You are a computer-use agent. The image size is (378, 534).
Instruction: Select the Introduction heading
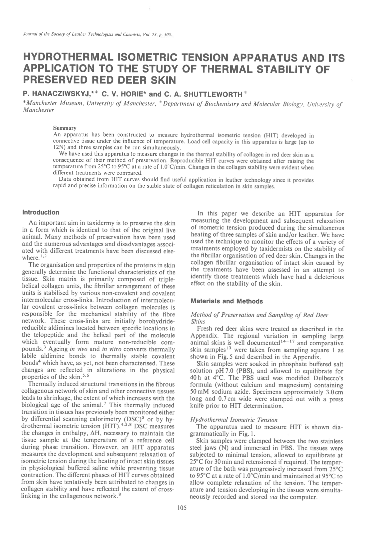[x=40, y=212]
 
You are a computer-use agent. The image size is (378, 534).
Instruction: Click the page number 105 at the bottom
[x=182, y=508]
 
